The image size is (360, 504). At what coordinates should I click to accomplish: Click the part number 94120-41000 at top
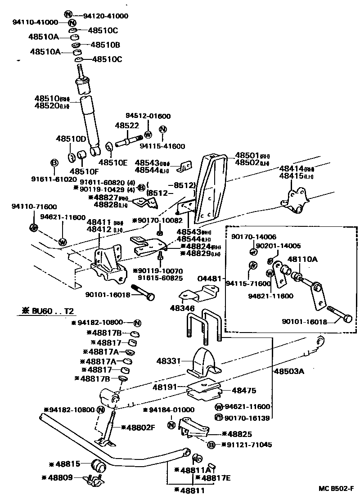click(106, 16)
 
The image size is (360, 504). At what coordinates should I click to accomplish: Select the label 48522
click(126, 126)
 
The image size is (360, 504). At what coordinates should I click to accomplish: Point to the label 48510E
click(113, 162)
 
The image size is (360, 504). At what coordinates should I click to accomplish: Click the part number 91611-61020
click(54, 179)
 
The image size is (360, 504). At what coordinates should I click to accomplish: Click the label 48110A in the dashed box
click(302, 259)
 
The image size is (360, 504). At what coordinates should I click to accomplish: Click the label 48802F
click(140, 427)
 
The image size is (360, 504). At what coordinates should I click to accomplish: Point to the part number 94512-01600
click(148, 116)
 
